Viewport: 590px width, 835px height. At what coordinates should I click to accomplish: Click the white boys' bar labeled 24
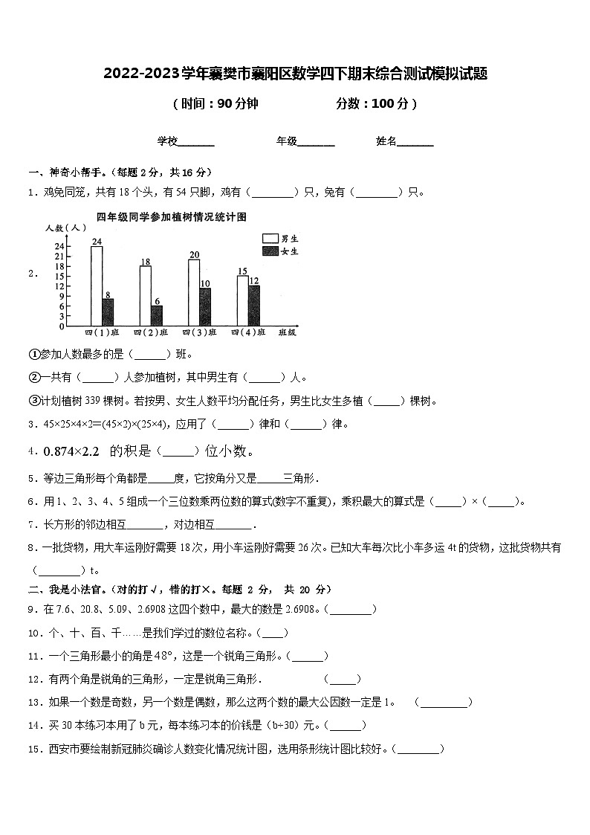(97, 286)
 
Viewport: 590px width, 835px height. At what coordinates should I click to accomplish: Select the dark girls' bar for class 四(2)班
(156, 315)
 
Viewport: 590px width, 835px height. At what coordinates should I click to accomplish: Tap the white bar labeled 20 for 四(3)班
(194, 292)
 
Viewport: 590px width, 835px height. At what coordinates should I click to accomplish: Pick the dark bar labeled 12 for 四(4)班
(253, 306)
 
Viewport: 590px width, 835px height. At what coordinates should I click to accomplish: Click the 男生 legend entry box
(269, 239)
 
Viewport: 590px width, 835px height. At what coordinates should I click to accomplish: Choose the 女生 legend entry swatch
(269, 252)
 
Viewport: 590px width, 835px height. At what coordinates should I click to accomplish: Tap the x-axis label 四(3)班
(198, 333)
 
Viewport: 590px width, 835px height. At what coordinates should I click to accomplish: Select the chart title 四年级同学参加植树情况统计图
(172, 216)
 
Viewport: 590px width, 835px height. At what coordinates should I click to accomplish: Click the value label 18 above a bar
(145, 262)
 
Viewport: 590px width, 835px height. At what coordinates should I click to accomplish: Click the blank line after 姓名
(415, 142)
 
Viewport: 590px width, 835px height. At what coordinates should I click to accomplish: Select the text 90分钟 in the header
(237, 104)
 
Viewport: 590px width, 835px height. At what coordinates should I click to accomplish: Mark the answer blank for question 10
(273, 633)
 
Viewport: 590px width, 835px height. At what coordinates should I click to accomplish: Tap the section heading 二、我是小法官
(67, 590)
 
